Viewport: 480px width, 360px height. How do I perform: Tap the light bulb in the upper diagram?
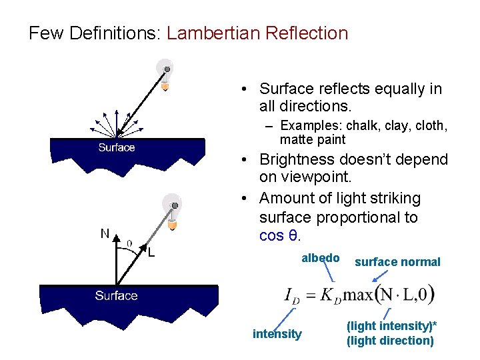coord(165,71)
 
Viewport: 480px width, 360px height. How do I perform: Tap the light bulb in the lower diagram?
coord(173,209)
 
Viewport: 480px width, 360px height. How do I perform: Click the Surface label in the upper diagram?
coord(116,147)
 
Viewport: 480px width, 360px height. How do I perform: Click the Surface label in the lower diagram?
coord(116,295)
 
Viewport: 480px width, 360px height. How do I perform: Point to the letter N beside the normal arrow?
coord(105,233)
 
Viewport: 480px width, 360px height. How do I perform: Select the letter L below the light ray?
coord(151,252)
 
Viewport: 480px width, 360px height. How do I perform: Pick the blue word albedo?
coord(321,258)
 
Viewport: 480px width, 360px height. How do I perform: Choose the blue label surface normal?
coord(397,262)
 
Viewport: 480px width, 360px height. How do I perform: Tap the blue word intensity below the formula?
coord(277,334)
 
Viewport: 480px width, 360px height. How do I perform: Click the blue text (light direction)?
coord(390,341)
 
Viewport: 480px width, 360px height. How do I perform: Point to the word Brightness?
coord(298,159)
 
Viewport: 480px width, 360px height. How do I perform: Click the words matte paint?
coord(313,140)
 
